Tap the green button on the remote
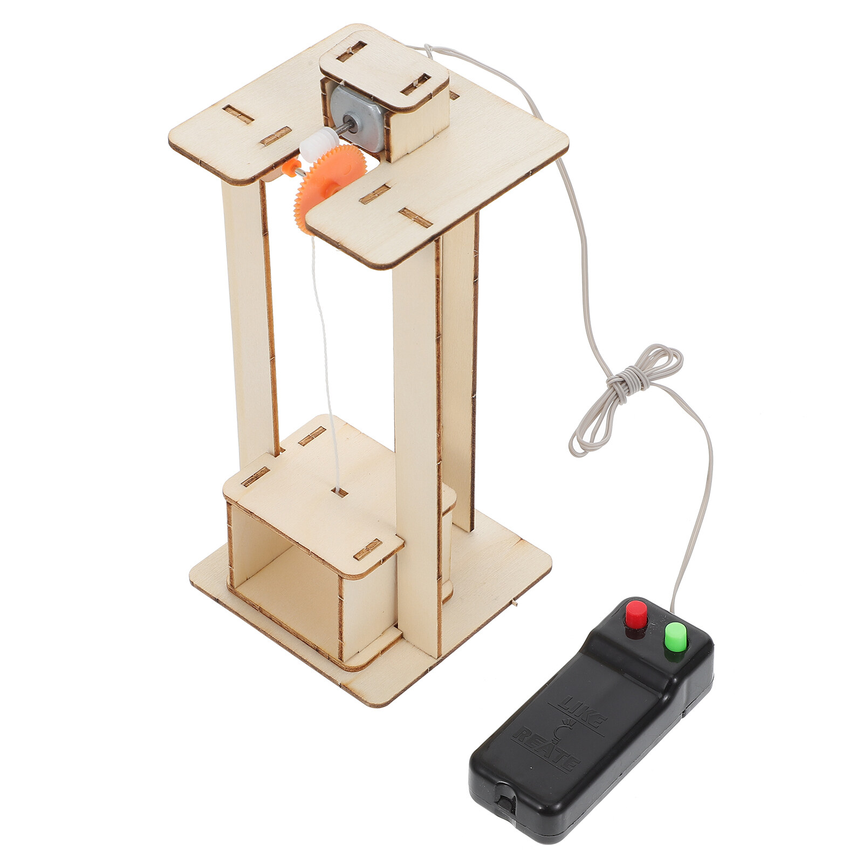coord(675,635)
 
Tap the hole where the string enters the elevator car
coord(340,491)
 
